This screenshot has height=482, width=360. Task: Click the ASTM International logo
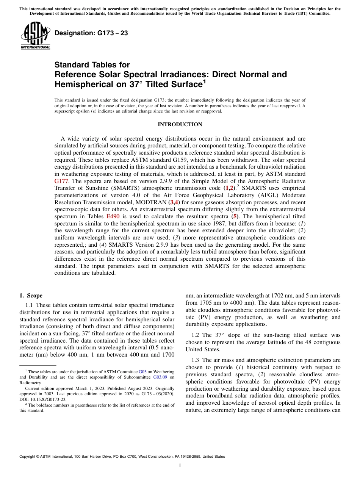(35, 36)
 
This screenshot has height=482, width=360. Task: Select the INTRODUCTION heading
(180, 125)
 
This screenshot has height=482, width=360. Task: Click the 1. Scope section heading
(31, 296)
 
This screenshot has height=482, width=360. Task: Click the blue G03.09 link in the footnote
(160, 377)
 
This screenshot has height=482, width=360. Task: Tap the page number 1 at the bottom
(180, 466)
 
